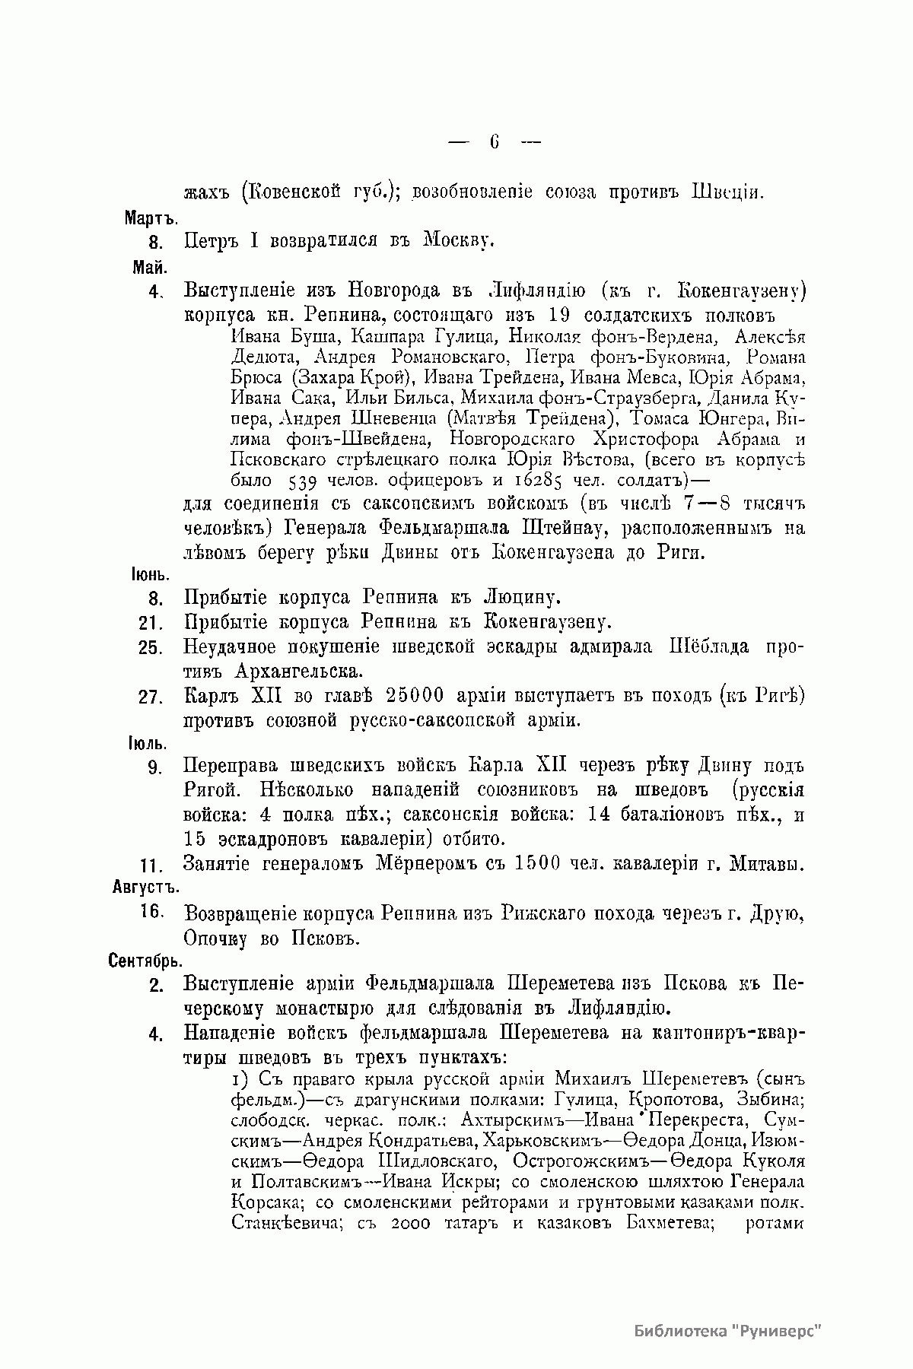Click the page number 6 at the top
tap(495, 141)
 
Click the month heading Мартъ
tap(151, 218)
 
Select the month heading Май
tap(150, 267)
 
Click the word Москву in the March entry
tap(459, 242)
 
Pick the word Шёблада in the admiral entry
tap(708, 647)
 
